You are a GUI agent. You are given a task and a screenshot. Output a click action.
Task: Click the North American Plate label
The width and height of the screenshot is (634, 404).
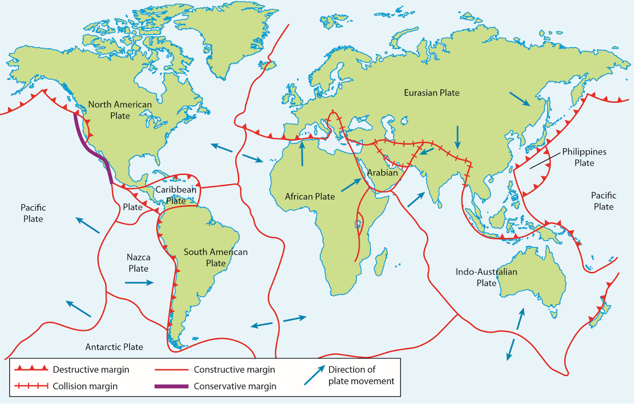120,110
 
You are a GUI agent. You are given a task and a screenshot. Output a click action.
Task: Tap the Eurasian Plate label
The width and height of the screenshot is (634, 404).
431,93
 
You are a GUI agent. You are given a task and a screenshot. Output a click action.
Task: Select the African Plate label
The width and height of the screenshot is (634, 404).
310,197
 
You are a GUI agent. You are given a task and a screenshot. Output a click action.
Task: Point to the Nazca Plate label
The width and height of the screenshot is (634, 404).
138,263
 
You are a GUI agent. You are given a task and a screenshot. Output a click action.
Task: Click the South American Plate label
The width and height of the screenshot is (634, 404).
215,257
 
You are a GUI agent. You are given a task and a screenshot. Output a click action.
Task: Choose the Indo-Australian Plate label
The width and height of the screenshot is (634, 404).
486,277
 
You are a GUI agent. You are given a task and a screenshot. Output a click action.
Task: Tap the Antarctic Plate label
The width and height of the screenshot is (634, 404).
114,347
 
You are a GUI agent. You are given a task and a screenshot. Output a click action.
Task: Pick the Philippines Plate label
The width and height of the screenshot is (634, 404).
583,157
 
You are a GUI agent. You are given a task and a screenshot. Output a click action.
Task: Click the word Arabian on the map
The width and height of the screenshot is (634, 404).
382,173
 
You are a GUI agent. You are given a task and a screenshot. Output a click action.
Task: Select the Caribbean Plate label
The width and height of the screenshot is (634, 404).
176,195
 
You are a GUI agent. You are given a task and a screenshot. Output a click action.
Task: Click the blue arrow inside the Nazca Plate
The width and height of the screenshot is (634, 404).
139,283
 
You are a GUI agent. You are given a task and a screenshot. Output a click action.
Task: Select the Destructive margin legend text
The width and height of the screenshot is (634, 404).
91,369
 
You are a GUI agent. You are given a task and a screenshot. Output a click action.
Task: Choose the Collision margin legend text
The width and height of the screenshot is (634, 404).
85,386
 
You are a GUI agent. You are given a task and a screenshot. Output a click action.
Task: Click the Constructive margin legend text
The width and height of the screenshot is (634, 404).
234,369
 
